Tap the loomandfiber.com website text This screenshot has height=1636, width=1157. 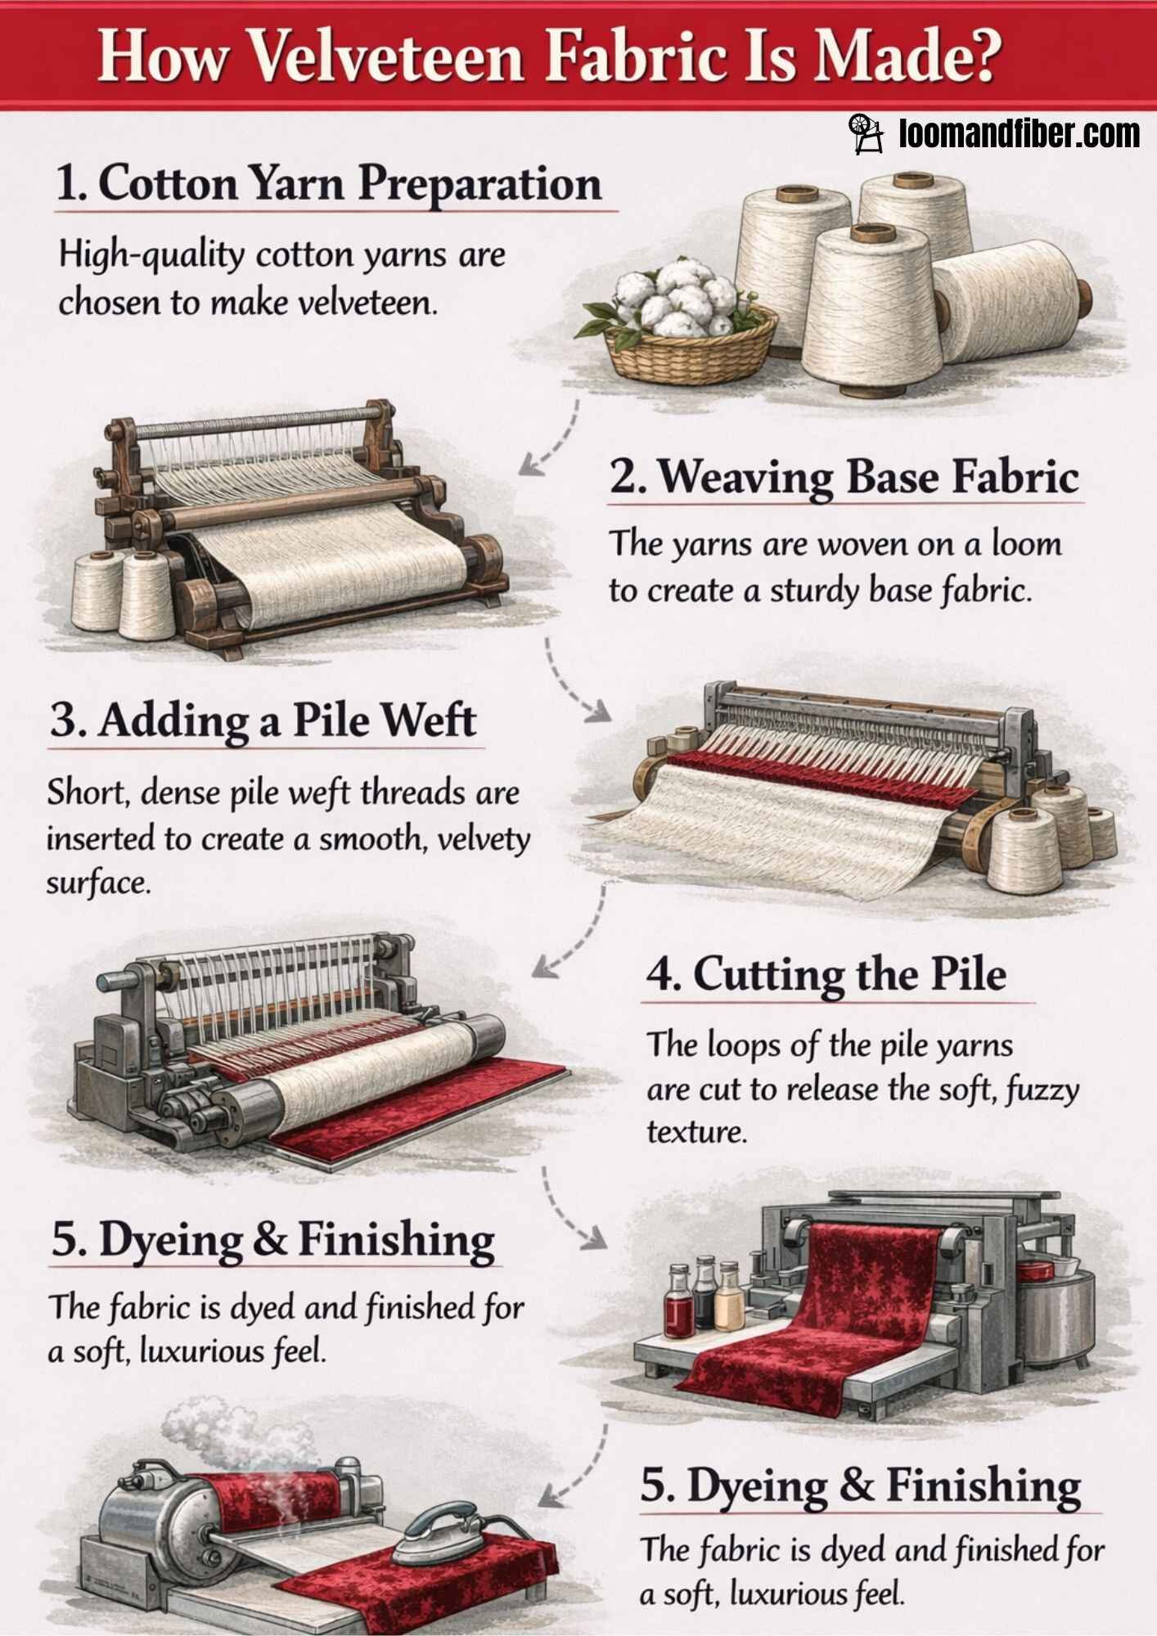coord(1018,133)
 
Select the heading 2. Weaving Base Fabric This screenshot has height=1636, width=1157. coord(844,477)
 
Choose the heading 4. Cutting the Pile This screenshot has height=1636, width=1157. coord(826,974)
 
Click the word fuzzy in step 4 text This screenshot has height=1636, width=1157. coord(1048,1090)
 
